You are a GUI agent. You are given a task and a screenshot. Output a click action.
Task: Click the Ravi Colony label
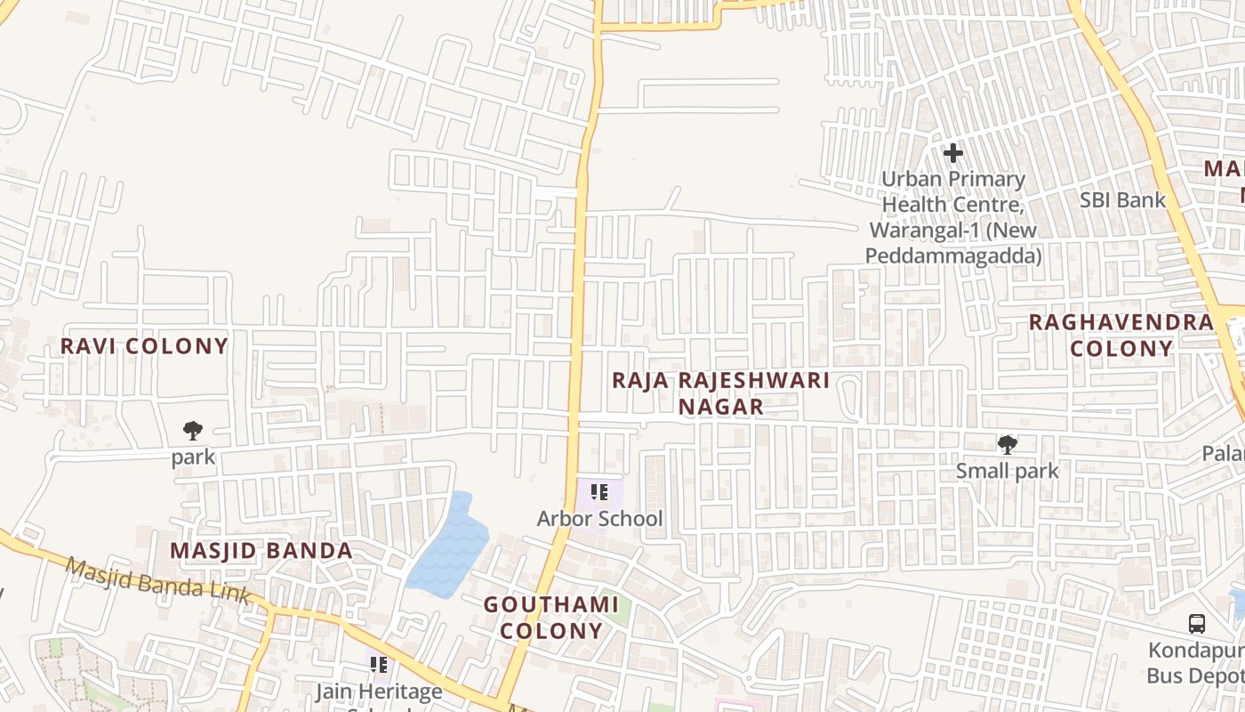point(144,346)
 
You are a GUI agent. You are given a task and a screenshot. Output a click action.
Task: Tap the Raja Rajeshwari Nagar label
point(720,393)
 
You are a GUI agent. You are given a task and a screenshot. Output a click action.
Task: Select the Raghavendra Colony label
point(1121,336)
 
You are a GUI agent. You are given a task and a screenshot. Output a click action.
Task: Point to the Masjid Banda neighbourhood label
point(261,551)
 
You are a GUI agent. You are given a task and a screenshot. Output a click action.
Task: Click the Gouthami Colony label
point(550,618)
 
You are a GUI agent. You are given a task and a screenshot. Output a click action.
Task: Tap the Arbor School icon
point(599,491)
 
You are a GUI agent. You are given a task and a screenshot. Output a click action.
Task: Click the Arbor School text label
point(599,518)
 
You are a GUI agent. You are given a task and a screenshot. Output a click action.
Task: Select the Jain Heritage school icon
point(379,665)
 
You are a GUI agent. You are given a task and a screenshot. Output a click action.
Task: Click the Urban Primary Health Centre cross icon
point(953,153)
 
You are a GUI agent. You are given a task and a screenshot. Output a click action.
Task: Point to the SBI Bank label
point(1122,200)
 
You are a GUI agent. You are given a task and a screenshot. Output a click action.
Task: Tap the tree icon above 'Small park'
point(1007,444)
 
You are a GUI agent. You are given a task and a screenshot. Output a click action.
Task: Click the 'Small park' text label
point(1007,470)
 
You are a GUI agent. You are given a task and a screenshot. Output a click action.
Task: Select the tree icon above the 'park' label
point(193,432)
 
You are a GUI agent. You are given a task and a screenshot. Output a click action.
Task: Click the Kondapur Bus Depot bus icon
point(1197,624)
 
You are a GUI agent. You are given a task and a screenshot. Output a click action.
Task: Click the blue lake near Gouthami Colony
point(449,547)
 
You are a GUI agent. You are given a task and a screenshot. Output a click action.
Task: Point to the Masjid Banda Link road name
point(157,582)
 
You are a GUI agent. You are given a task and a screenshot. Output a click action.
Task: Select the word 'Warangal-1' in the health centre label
point(914,231)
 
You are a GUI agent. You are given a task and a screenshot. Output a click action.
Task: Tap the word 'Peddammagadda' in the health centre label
point(952,256)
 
